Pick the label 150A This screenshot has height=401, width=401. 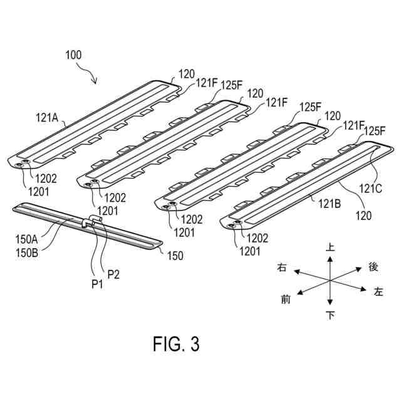coord(26,238)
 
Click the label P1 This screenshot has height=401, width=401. coord(96,283)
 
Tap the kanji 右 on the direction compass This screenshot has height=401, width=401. coord(282,268)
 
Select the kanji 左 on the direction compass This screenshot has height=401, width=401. coord(378,291)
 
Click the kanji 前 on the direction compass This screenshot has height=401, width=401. coord(286,299)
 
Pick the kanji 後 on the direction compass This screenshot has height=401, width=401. coord(373,266)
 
